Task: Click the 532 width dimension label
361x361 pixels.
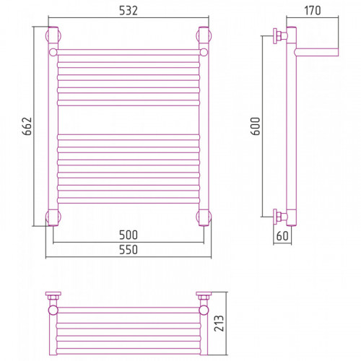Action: click(x=129, y=11)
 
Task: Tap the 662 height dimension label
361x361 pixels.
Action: click(x=27, y=126)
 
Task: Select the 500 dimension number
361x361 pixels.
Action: click(x=129, y=235)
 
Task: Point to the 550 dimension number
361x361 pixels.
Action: click(x=129, y=250)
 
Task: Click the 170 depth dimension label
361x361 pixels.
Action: click(x=313, y=11)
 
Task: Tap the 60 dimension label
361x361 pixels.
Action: click(x=282, y=236)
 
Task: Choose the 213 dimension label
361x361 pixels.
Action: click(x=219, y=323)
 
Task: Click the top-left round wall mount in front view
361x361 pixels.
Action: click(x=53, y=36)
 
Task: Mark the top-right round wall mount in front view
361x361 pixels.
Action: click(x=204, y=36)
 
